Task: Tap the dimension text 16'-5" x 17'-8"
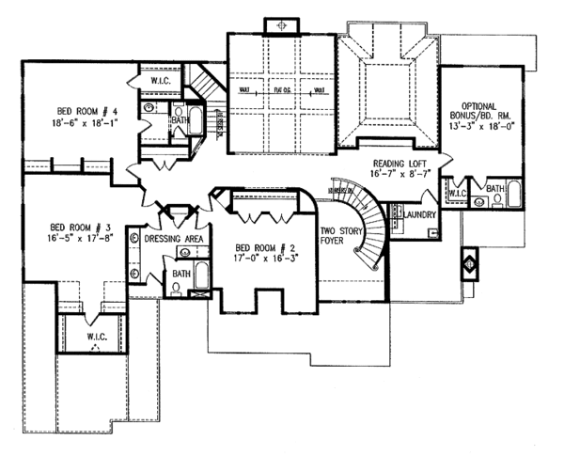click(x=81, y=239)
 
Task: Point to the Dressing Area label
click(x=175, y=240)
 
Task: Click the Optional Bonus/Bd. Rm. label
click(x=483, y=110)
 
